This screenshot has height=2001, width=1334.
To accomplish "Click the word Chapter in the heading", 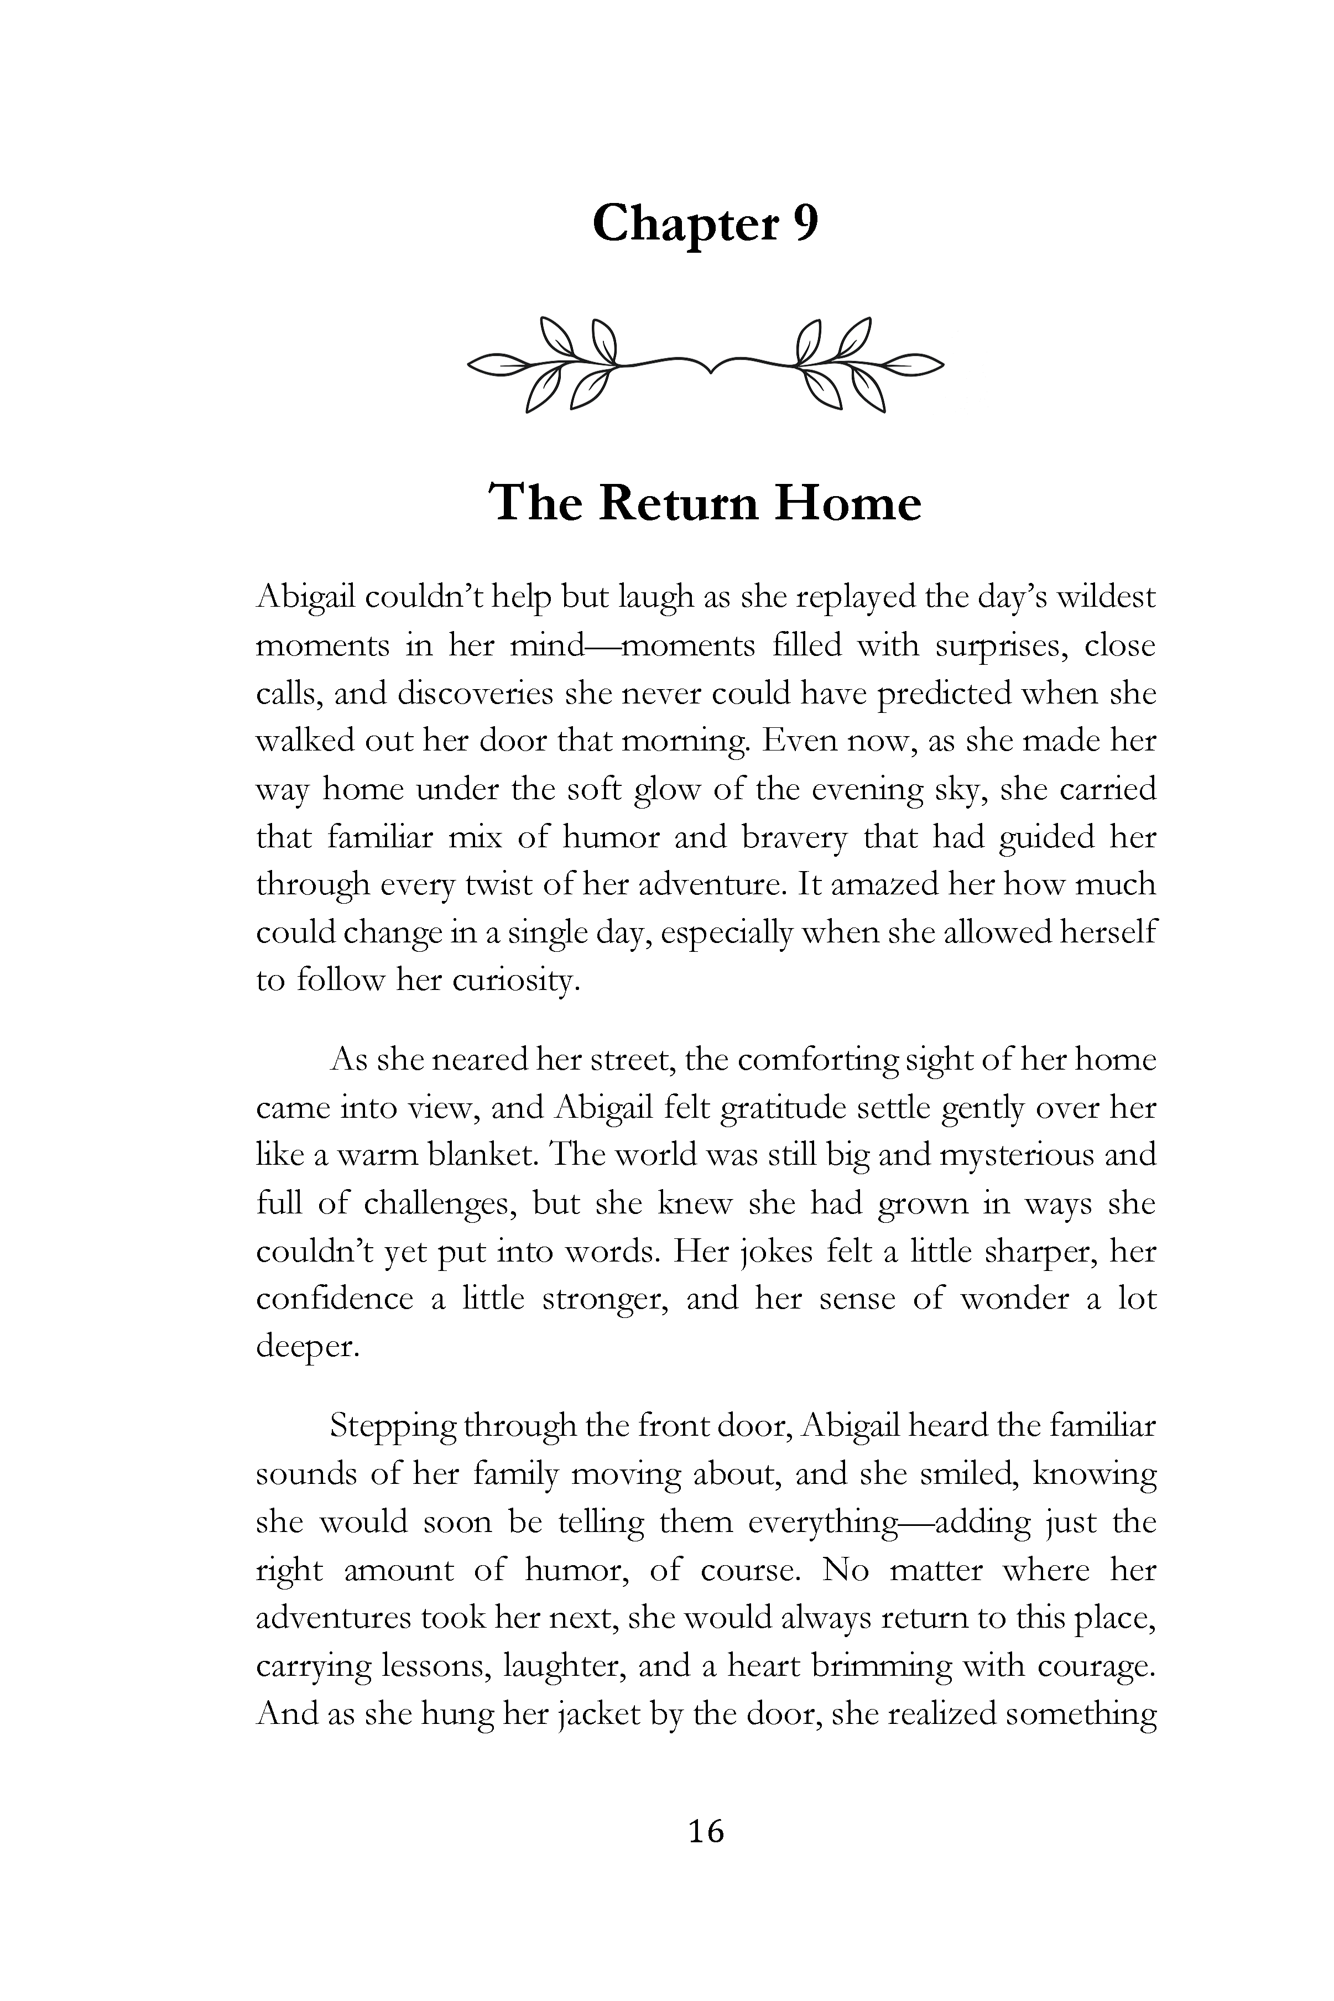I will point(684,225).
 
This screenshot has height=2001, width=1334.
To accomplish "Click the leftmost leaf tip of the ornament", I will point(471,364).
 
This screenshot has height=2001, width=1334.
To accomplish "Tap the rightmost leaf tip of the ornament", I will point(942,364).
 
